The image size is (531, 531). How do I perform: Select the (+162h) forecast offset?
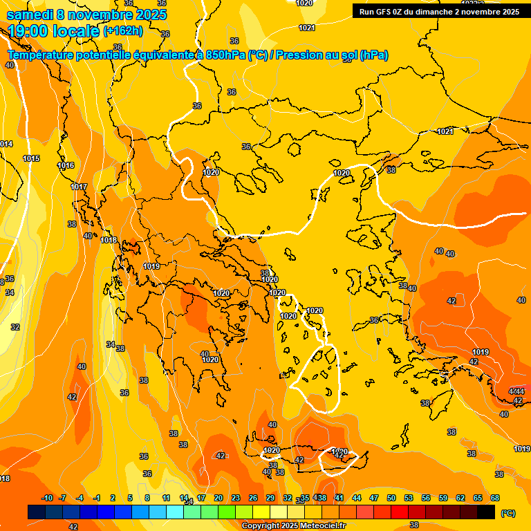click(123, 31)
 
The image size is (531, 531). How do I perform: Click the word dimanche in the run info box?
click(437, 11)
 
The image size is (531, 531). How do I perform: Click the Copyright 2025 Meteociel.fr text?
click(294, 526)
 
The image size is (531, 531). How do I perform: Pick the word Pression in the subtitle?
click(296, 55)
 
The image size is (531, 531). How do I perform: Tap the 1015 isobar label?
click(31, 158)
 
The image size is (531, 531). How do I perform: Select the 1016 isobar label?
click(66, 165)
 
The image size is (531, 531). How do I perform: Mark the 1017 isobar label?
click(79, 187)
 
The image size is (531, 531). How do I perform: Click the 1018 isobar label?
click(109, 240)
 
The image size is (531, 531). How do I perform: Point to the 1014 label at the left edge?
click(6, 144)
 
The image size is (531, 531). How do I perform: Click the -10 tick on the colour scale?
click(47, 498)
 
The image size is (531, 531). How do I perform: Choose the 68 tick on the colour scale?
click(495, 498)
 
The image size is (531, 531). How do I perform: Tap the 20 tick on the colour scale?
click(218, 498)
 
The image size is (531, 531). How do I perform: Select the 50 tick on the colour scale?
click(391, 498)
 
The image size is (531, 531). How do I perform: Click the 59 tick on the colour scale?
click(443, 498)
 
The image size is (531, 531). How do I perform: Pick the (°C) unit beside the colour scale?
click(507, 513)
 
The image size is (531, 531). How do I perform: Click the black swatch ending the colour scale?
click(487, 512)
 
